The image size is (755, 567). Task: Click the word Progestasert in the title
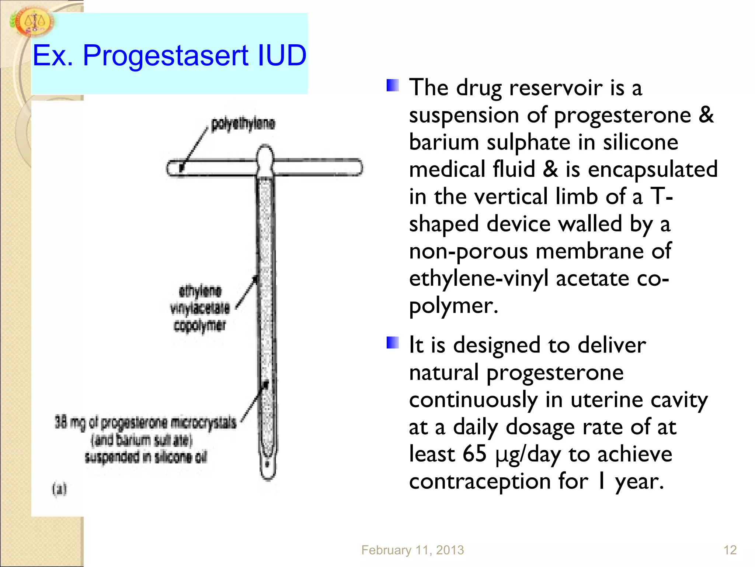pyautogui.click(x=166, y=56)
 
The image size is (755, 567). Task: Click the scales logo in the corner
pyautogui.click(x=34, y=23)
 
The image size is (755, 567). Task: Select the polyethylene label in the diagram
pyautogui.click(x=243, y=124)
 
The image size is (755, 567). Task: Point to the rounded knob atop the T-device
pyautogui.click(x=265, y=155)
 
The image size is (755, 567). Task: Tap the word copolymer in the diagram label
pyautogui.click(x=199, y=326)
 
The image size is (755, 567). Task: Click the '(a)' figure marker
pyautogui.click(x=59, y=489)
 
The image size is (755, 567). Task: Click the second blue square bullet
pyautogui.click(x=393, y=343)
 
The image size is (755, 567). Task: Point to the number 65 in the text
pyautogui.click(x=474, y=454)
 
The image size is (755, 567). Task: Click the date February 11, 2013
pyautogui.click(x=412, y=550)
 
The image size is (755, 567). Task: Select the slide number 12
pyautogui.click(x=730, y=550)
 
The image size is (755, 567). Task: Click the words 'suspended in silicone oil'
pyautogui.click(x=146, y=457)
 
